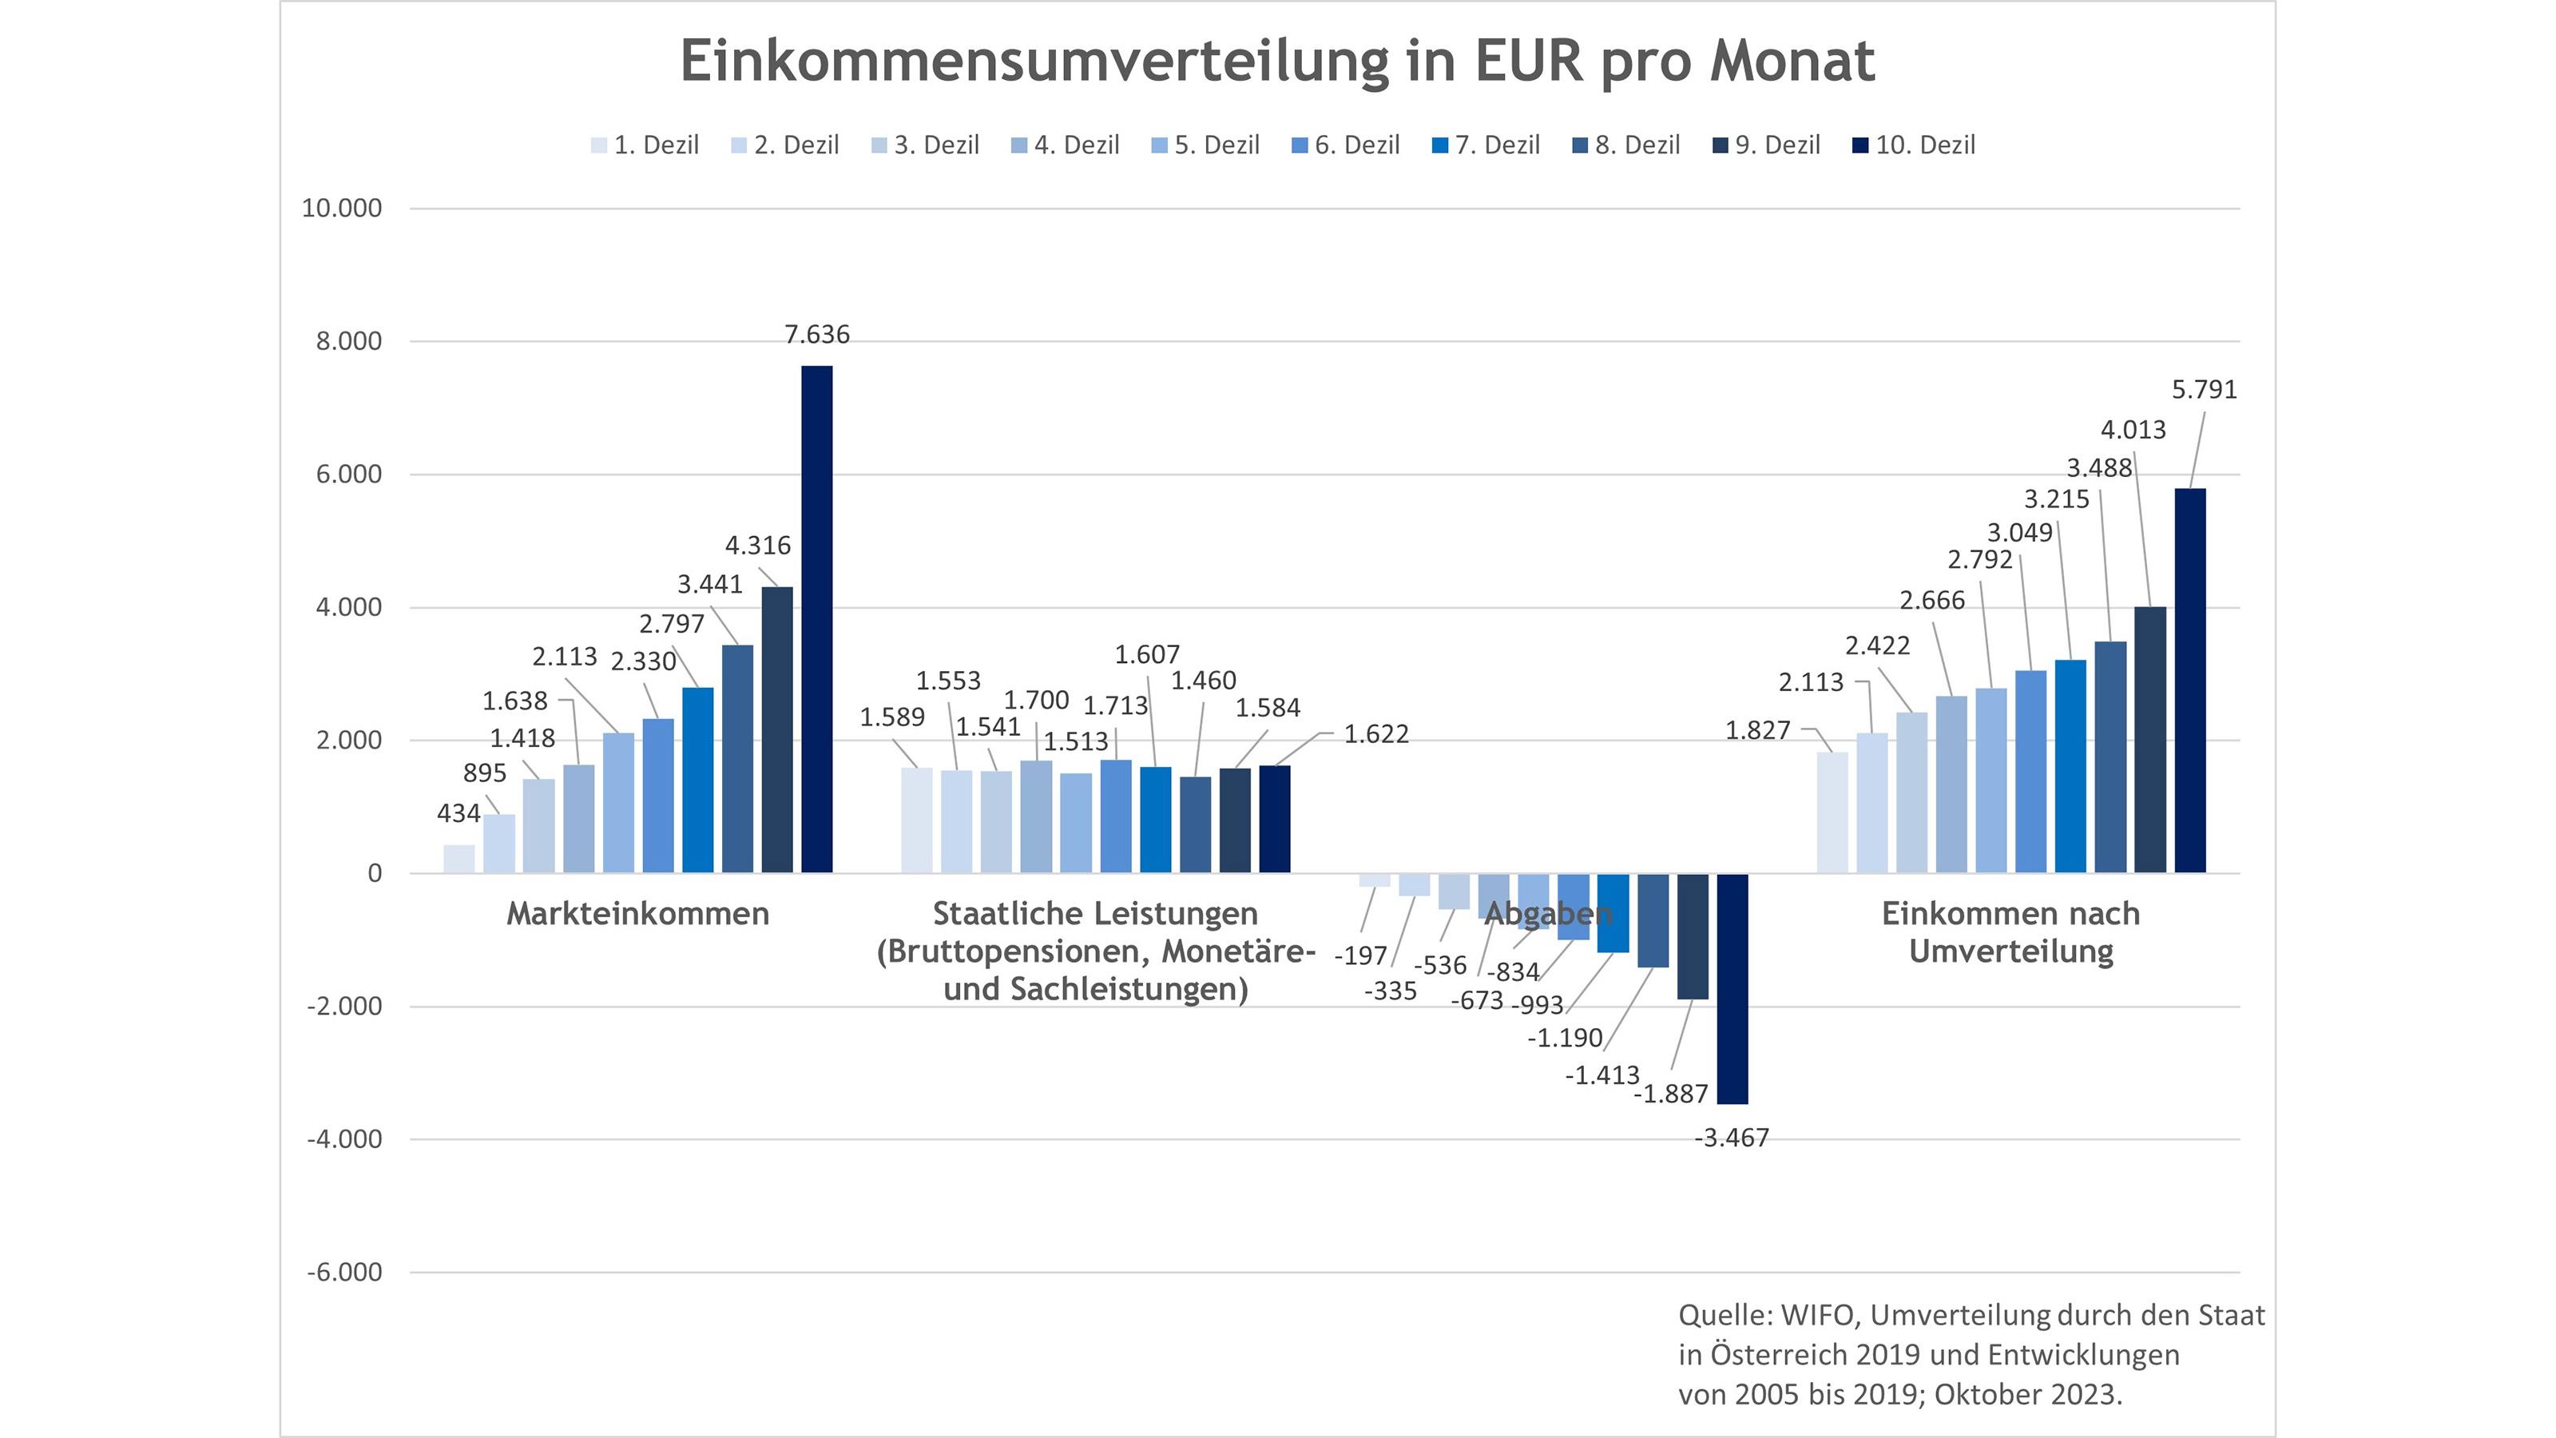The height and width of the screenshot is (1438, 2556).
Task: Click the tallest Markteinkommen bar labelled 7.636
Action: point(816,619)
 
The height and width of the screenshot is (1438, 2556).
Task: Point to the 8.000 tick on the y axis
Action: point(348,341)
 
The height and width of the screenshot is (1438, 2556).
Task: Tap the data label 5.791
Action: point(2204,390)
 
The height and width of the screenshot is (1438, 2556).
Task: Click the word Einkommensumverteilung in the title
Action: point(1033,61)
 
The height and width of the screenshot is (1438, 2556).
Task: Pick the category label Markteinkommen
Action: point(638,913)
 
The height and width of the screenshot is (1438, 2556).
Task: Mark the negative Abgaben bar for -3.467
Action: point(1732,988)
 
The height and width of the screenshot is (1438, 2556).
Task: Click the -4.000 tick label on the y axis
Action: point(344,1139)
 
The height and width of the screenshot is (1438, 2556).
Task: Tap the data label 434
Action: point(458,814)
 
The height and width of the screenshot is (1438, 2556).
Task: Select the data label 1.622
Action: point(1375,734)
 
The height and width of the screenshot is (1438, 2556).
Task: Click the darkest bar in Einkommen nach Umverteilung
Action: point(2190,681)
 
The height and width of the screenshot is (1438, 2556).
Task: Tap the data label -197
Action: point(1360,955)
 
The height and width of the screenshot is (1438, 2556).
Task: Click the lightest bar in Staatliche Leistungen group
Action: point(917,820)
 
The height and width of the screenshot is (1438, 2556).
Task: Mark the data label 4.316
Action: point(757,546)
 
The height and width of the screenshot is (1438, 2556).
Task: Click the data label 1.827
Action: point(1757,730)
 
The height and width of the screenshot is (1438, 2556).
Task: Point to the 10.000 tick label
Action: point(341,209)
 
